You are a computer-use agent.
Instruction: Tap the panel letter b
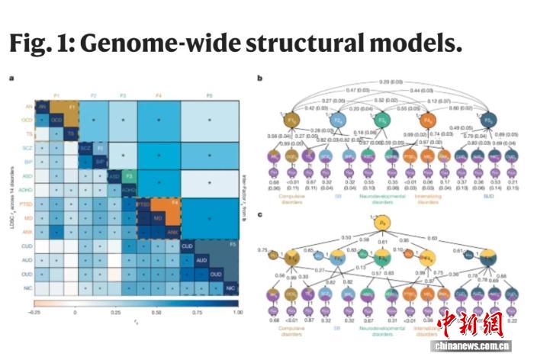[x=259, y=78]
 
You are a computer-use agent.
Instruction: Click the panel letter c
[x=259, y=216]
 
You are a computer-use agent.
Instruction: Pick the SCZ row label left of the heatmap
[x=25, y=144]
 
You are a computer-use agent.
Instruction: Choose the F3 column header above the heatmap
[x=123, y=94]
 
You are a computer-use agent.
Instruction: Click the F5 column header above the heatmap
[x=210, y=94]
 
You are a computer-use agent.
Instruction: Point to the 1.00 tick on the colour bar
[x=238, y=313]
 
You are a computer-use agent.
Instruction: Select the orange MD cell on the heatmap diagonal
[x=158, y=219]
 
